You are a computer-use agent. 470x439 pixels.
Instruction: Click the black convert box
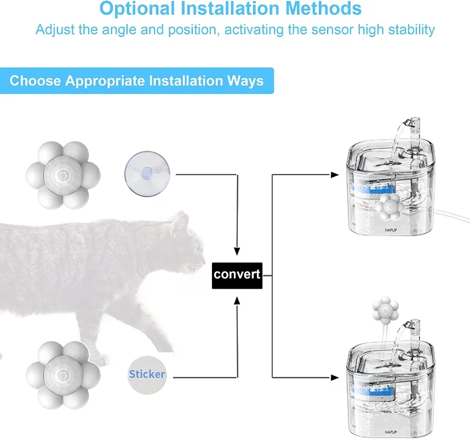237,273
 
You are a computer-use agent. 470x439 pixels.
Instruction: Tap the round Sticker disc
147,374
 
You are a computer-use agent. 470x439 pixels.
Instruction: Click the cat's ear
181,221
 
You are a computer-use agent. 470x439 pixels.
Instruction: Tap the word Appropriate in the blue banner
106,81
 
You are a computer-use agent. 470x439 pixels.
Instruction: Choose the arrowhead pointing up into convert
237,300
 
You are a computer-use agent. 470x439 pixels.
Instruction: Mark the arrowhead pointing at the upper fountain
334,175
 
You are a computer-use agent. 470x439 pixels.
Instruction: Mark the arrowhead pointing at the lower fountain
334,377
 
